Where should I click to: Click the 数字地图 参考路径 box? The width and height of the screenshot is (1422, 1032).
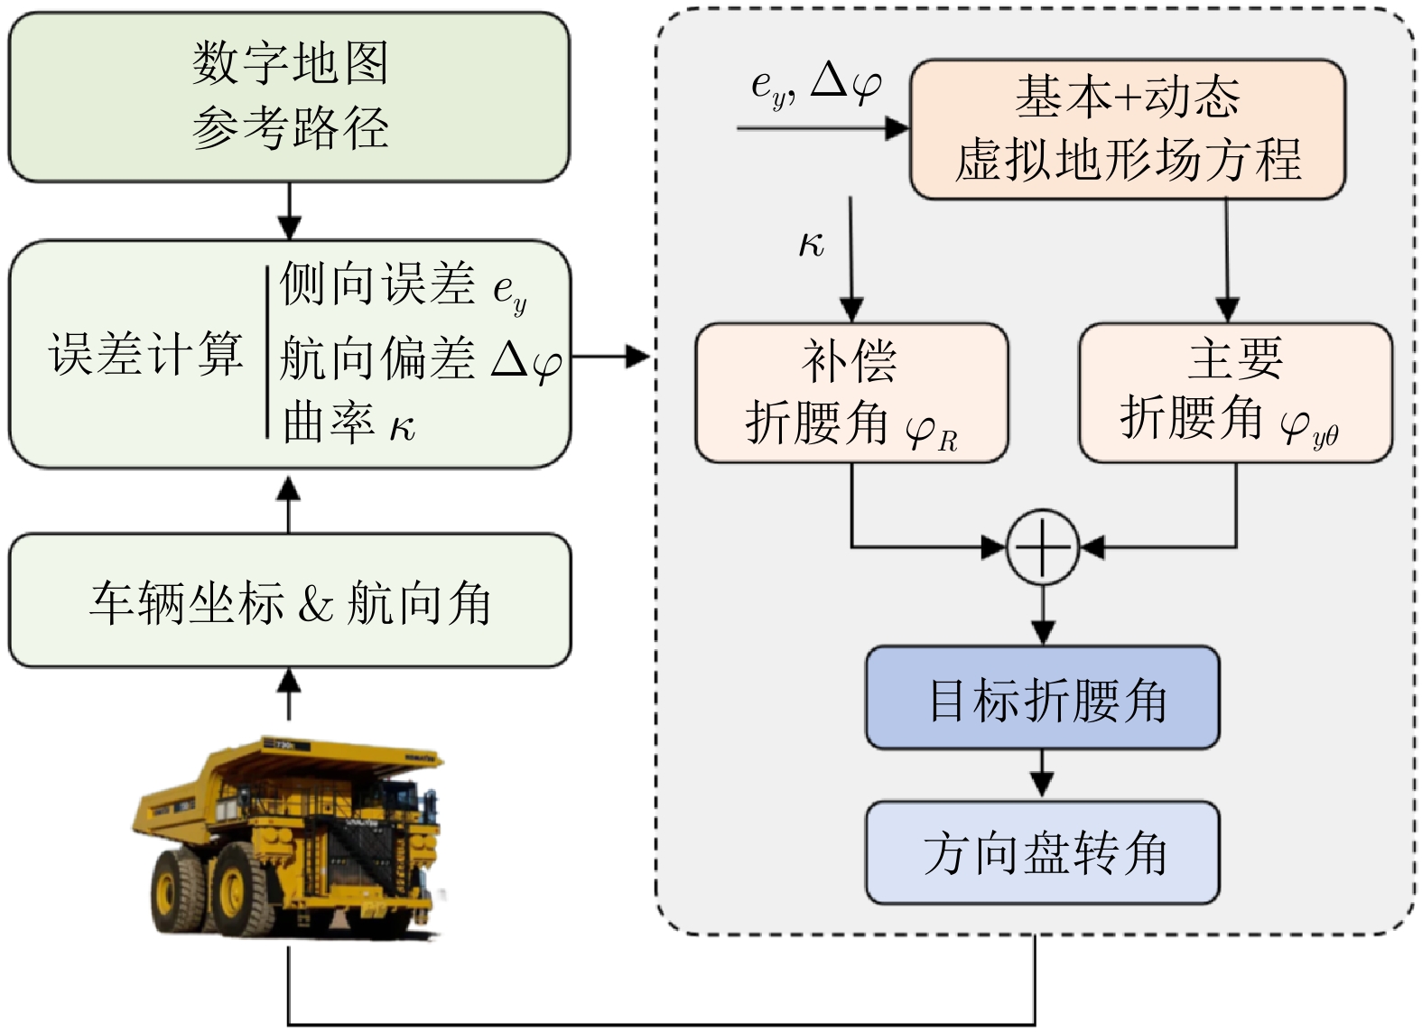[x=289, y=97]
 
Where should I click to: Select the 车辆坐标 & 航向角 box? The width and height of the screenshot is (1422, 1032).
[x=289, y=601]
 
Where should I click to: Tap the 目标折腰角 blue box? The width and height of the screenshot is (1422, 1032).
[x=1043, y=698]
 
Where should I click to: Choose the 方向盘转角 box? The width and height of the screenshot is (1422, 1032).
[x=1043, y=852]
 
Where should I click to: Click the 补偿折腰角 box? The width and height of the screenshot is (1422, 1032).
[x=851, y=394]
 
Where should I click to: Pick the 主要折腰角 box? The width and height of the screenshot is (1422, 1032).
[x=1235, y=394]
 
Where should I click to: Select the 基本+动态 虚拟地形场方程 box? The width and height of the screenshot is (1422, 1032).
[x=1128, y=129]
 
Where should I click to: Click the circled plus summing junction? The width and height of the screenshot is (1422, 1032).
[x=1043, y=547]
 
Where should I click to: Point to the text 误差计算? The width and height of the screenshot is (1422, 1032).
[x=145, y=353]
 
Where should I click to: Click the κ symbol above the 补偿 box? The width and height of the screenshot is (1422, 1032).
[x=811, y=244]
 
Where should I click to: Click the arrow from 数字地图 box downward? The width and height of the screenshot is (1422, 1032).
[x=289, y=211]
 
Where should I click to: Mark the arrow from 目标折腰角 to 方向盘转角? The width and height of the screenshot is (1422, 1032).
[x=1043, y=775]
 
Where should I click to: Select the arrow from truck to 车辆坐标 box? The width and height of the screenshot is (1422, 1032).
[x=289, y=693]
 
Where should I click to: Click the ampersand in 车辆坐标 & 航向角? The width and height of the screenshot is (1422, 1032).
[x=315, y=603]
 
